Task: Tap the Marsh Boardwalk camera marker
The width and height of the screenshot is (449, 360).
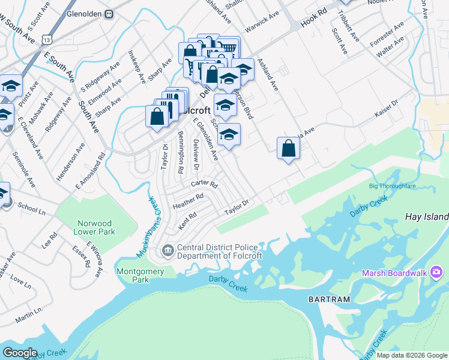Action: coord(436,274)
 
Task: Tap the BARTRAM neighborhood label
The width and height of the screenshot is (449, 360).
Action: coord(328,298)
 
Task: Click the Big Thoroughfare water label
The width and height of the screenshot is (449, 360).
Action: coord(392,186)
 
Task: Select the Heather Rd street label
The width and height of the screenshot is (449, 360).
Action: coord(188,200)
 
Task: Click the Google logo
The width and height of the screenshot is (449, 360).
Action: coord(20,353)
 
